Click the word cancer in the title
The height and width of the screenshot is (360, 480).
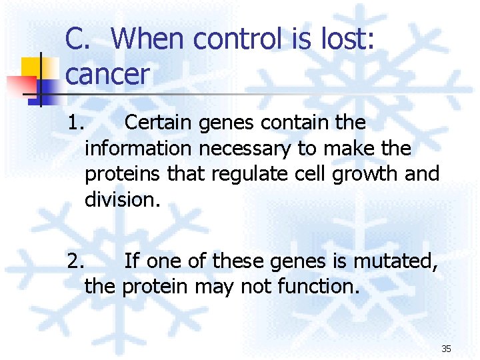(107, 75)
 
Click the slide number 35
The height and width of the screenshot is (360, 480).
(446, 349)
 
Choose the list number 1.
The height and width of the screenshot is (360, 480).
(76, 123)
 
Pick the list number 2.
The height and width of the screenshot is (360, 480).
(76, 262)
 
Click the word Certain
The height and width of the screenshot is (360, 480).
(159, 123)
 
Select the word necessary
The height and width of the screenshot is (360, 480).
(249, 149)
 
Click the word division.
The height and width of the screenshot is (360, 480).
(123, 199)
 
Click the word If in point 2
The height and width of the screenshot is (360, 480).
(132, 262)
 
